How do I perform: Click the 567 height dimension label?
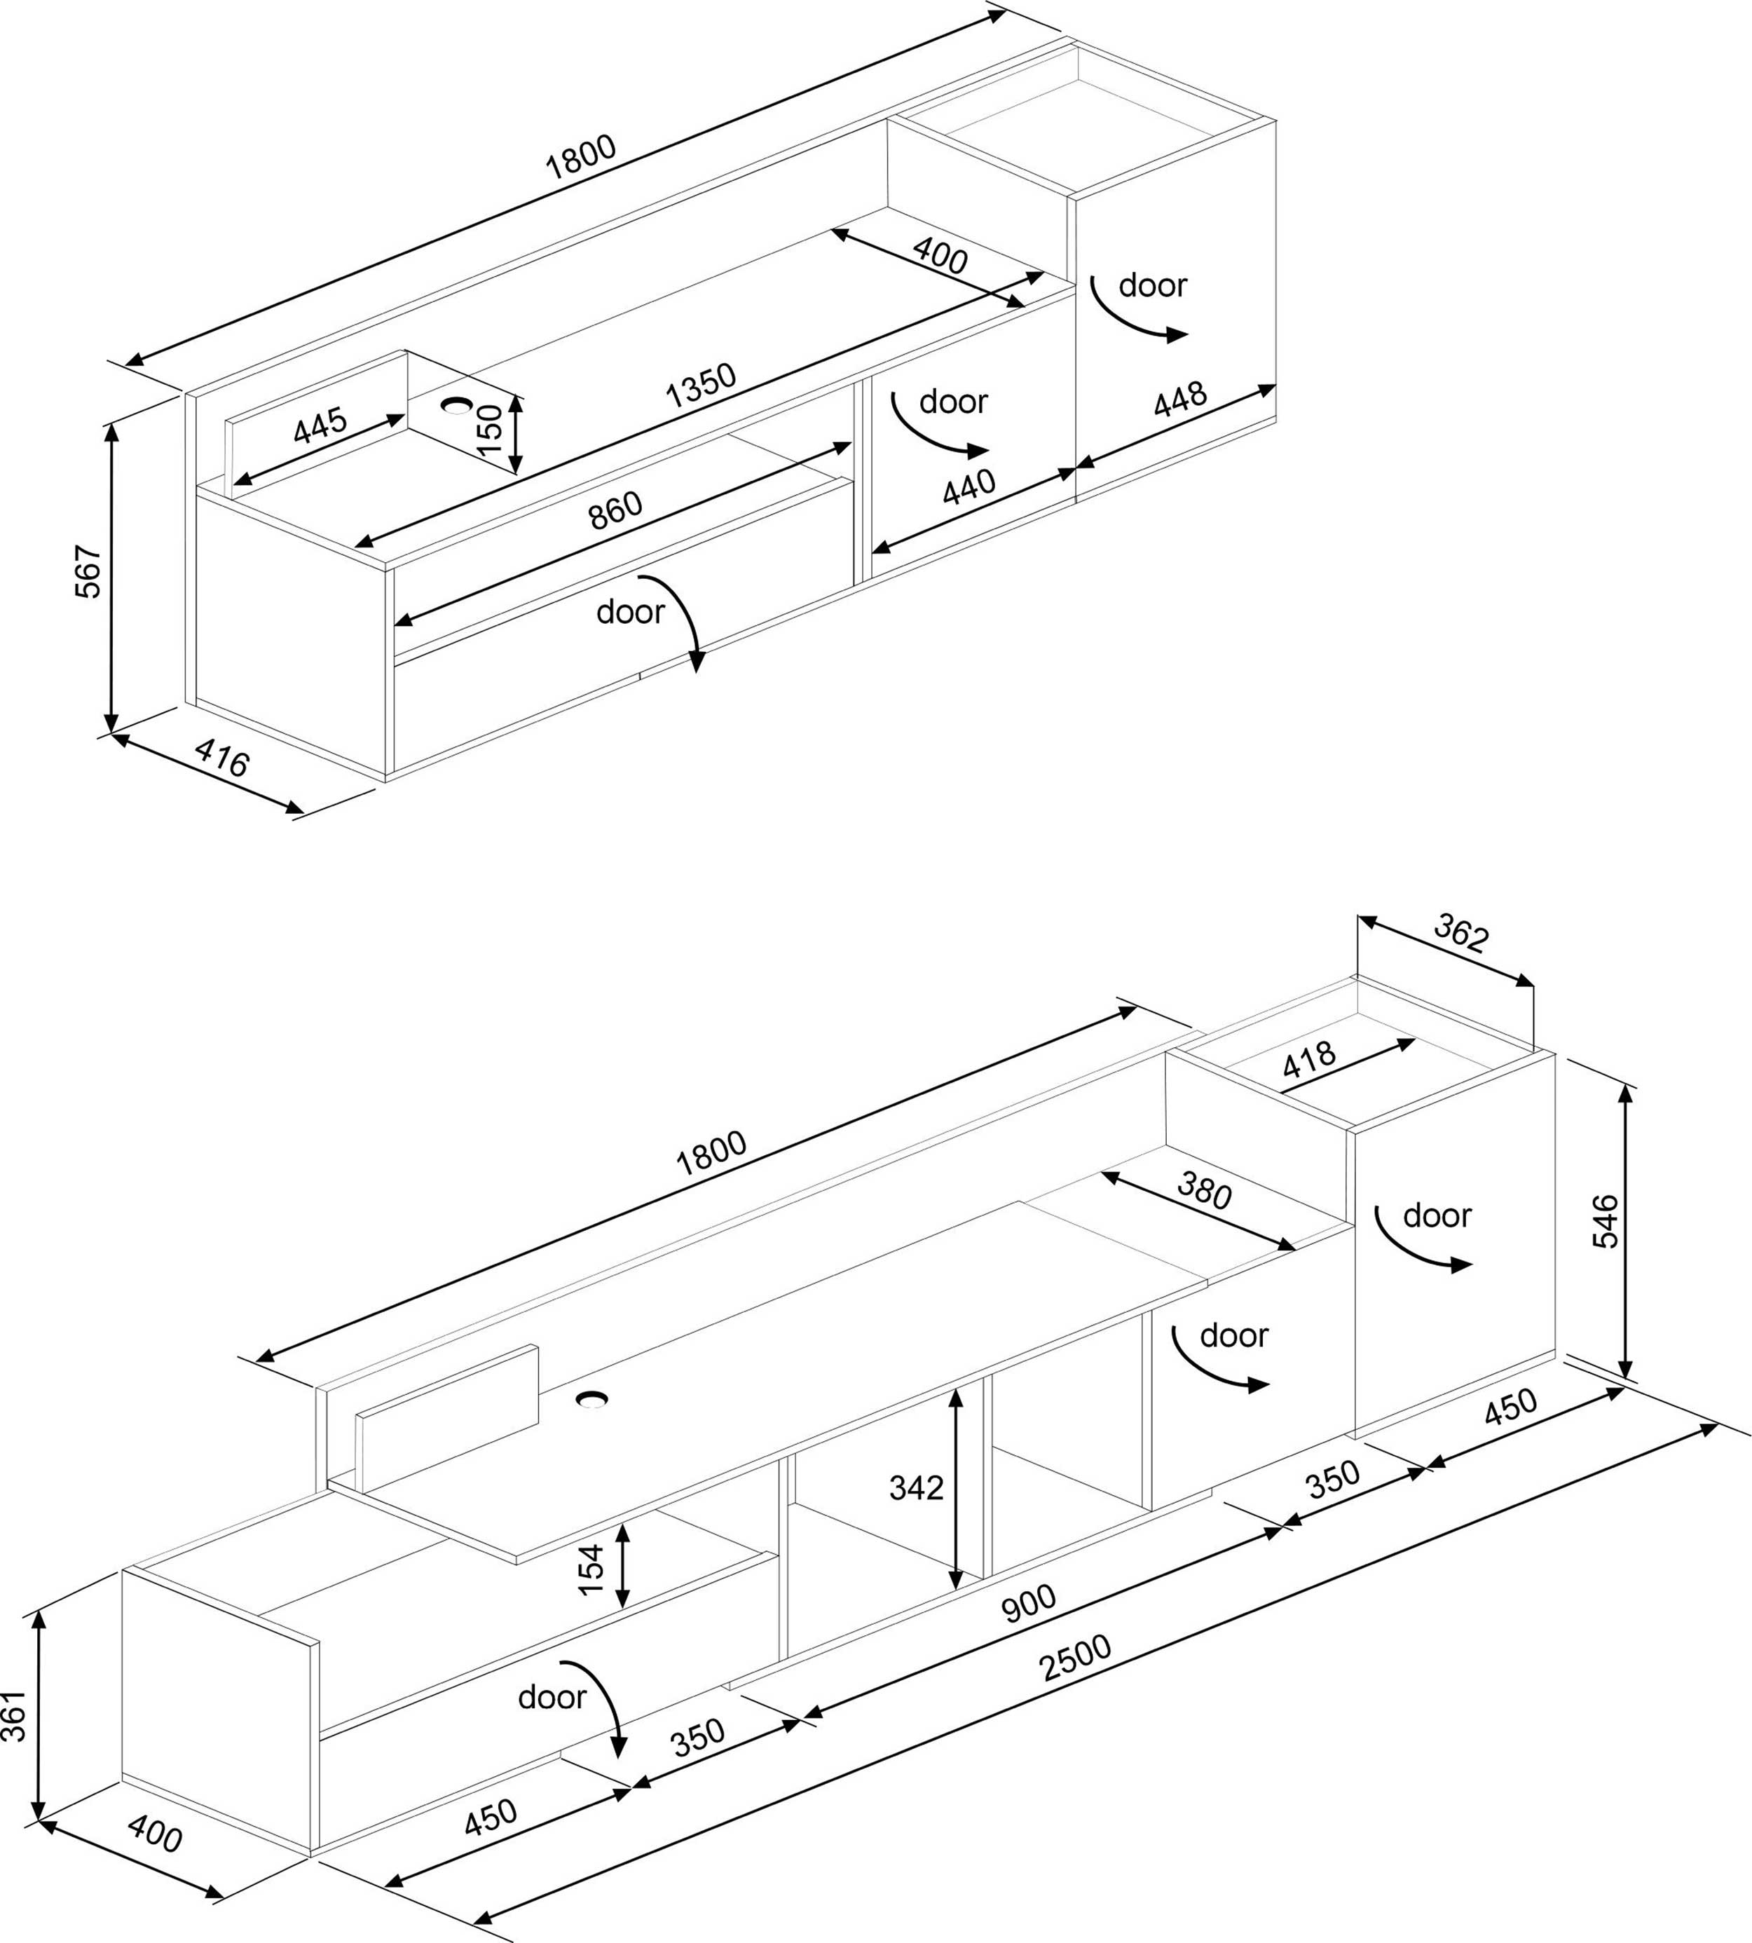(88, 572)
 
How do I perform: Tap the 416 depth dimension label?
(222, 758)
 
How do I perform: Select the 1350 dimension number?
(701, 385)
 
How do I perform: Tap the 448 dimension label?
(1180, 400)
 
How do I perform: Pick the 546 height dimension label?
(1605, 1222)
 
